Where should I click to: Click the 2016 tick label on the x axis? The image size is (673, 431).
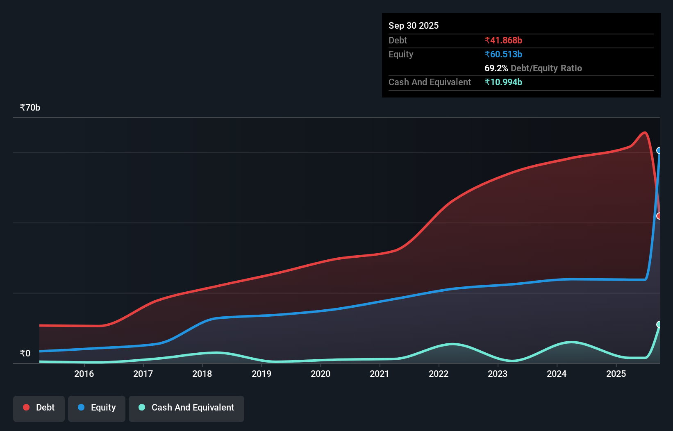(x=84, y=374)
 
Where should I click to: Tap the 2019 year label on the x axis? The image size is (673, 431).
(x=261, y=374)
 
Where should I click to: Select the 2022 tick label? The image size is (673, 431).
(x=439, y=374)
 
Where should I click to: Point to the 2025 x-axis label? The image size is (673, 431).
(x=616, y=374)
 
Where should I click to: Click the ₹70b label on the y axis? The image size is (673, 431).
(x=30, y=108)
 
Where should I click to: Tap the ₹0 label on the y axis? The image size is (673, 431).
(x=25, y=353)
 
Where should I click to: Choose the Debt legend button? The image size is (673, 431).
(x=39, y=408)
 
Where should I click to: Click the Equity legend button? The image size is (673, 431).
(x=97, y=408)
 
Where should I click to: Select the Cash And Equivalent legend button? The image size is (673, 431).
(x=186, y=408)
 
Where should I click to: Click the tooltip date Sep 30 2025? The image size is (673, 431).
(x=414, y=25)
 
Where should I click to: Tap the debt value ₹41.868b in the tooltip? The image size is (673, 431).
(x=503, y=40)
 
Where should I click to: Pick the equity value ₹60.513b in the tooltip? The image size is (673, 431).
(x=503, y=54)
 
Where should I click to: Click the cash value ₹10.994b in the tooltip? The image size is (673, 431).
(x=503, y=82)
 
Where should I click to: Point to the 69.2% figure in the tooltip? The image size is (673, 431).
(x=496, y=68)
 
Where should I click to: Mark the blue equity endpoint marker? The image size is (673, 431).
(x=659, y=150)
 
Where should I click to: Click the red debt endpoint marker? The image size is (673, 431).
(x=659, y=216)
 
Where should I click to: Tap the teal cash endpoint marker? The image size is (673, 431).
(x=659, y=324)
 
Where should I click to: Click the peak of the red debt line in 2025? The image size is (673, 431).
(x=645, y=132)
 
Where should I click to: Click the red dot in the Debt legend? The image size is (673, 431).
(x=26, y=407)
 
